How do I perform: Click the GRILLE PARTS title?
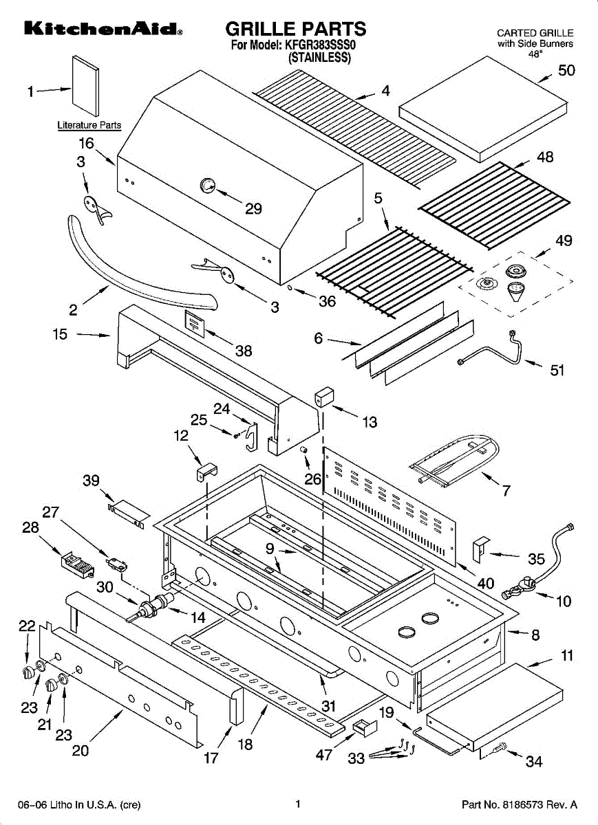point(296,29)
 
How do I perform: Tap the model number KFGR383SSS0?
point(323,45)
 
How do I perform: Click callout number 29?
point(253,209)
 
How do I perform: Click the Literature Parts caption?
point(89,125)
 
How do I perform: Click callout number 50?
point(566,70)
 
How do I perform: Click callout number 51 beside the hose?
point(557,371)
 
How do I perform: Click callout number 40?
point(485,584)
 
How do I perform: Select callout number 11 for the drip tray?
point(567,656)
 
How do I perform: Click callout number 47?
point(324,755)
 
